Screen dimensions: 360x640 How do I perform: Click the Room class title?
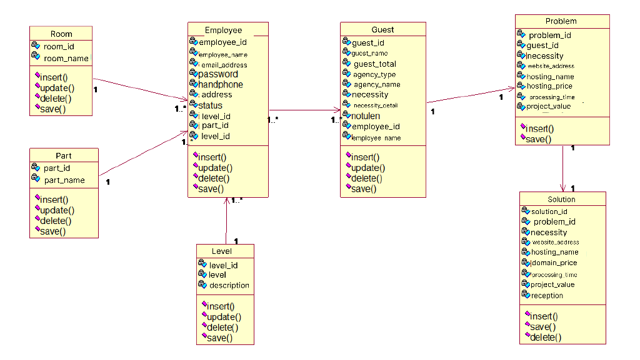point(61,34)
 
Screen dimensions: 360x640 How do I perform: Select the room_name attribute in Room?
point(66,58)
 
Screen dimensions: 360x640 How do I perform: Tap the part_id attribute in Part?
point(57,168)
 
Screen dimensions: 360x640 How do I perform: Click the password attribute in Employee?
point(218,74)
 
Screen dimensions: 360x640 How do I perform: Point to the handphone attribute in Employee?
point(221,85)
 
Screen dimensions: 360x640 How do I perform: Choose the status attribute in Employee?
point(210,105)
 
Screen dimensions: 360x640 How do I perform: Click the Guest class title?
point(382,29)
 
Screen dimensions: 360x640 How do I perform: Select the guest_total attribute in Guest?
point(374,64)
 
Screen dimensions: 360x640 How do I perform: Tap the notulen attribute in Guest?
point(366,116)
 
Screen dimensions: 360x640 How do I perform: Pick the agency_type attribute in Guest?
point(374,74)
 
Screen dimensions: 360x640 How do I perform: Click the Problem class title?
point(561,21)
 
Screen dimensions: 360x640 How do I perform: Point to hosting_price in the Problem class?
point(549,86)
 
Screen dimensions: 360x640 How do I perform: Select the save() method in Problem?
point(539,139)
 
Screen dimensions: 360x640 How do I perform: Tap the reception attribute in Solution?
point(547,295)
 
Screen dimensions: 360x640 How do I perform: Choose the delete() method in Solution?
point(546,338)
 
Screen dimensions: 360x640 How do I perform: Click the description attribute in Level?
point(229,285)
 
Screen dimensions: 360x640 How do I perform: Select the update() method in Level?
point(224,317)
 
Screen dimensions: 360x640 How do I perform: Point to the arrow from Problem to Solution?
point(563,167)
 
